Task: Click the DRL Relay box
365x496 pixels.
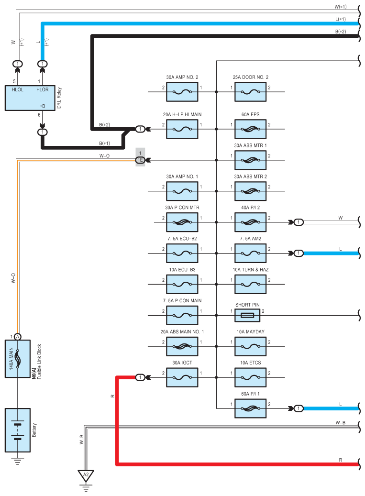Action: [x=30, y=98]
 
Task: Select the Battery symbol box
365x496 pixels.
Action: [x=18, y=430]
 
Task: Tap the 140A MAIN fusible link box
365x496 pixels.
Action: [x=18, y=358]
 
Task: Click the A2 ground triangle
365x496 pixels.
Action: [x=86, y=475]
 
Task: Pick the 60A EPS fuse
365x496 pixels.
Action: [x=250, y=129]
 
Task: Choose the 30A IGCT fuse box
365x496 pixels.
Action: [x=182, y=377]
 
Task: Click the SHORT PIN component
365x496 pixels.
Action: [x=247, y=315]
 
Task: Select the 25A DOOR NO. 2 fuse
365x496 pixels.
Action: [x=250, y=91]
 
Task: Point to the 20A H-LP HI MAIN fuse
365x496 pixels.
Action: [x=182, y=129]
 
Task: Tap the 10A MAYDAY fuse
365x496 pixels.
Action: [x=250, y=346]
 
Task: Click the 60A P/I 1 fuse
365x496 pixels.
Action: [x=250, y=408]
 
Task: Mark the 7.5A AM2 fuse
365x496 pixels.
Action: [x=250, y=253]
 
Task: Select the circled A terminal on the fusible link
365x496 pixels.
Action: [x=18, y=337]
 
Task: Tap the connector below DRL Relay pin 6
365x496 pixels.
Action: [x=43, y=132]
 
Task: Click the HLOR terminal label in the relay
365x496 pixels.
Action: [x=43, y=89]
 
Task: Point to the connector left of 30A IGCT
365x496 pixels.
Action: [x=140, y=377]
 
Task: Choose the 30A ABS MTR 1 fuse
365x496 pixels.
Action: [x=250, y=160]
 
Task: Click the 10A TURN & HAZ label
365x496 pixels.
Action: [x=250, y=270]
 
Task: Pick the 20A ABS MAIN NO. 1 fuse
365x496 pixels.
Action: [x=182, y=346]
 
